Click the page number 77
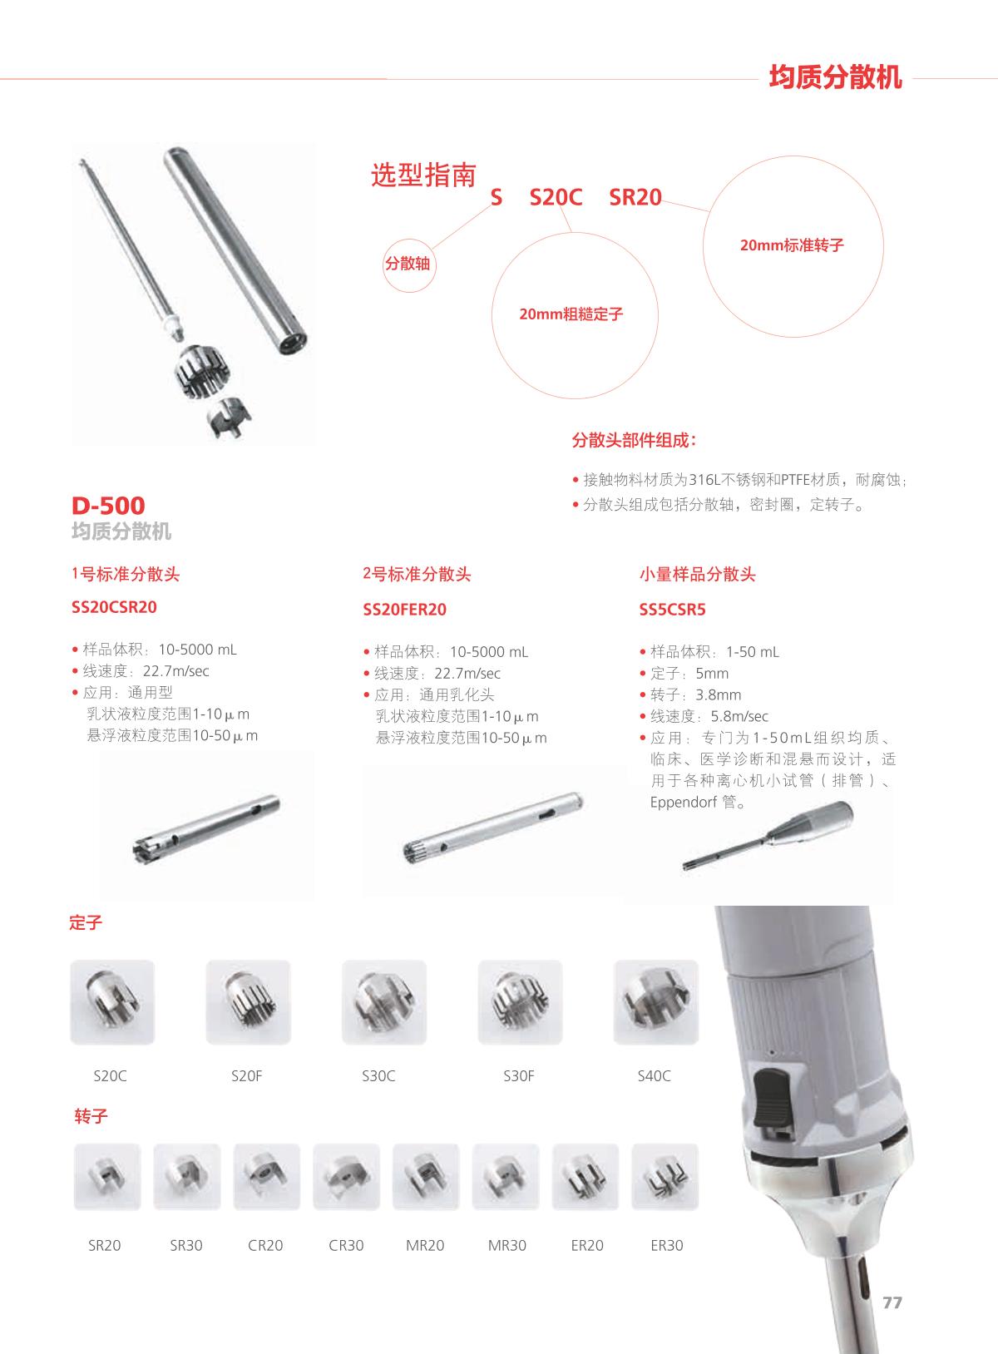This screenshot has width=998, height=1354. (x=892, y=1302)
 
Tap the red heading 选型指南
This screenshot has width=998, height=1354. (x=423, y=175)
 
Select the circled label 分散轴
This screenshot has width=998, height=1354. (x=408, y=264)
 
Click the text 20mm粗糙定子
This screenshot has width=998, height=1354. (x=571, y=314)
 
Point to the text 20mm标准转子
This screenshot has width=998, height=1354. (x=792, y=245)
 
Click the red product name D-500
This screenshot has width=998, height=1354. (x=108, y=506)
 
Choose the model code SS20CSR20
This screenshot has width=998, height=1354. (x=114, y=607)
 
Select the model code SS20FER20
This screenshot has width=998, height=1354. (x=404, y=610)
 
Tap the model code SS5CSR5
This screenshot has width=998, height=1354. (x=672, y=610)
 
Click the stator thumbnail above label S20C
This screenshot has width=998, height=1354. (x=112, y=1001)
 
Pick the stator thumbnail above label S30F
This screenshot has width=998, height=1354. (x=520, y=1001)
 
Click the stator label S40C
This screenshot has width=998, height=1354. (x=654, y=1075)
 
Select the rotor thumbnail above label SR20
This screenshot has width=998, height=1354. (x=107, y=1176)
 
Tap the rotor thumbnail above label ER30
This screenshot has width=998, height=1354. (x=665, y=1176)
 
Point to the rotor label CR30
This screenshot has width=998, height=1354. (x=346, y=1245)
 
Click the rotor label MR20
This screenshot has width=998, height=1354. (x=425, y=1245)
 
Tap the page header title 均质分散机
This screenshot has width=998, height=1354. (x=835, y=77)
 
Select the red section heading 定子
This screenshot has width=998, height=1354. (x=86, y=922)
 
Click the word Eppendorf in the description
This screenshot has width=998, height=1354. (x=683, y=803)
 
